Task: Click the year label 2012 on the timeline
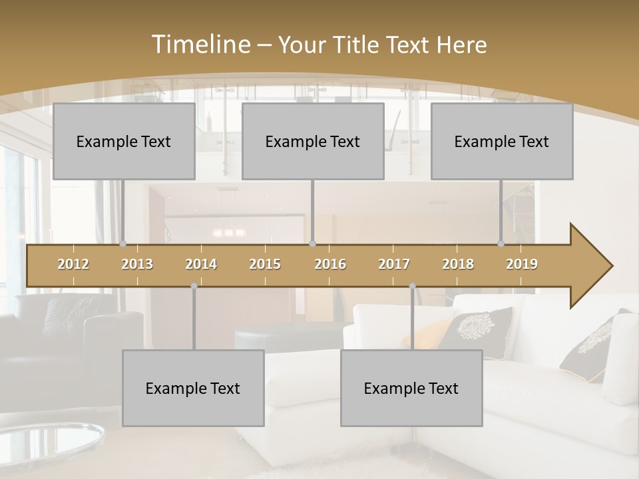coord(73,264)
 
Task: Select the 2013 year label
coord(137,264)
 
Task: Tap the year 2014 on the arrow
coord(201,264)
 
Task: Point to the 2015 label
coord(265,264)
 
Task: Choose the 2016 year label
coord(330,264)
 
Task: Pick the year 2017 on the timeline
coord(394,264)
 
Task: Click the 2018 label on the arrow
coord(458,264)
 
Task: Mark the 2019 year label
coord(522,264)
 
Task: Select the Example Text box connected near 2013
coord(124,141)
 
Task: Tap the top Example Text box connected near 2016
coord(313,141)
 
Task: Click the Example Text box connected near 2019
coord(502,141)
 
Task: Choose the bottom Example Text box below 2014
coord(193,388)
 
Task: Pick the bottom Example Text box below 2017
coord(411,388)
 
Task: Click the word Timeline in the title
coord(200,45)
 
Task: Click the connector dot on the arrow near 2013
coord(123,244)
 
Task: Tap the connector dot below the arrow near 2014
coord(194,286)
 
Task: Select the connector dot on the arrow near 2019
coord(501,244)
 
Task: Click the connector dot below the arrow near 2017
coord(412,286)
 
